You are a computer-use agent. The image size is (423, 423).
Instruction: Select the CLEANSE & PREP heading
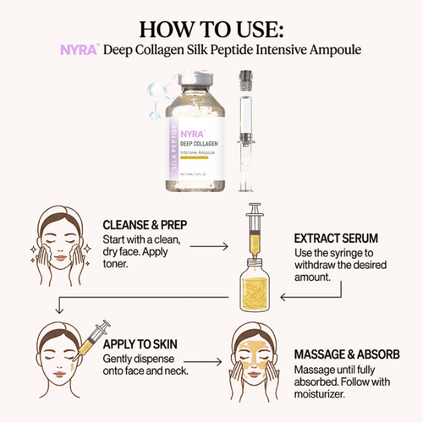point(146,226)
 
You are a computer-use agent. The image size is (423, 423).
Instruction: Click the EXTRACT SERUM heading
point(337,239)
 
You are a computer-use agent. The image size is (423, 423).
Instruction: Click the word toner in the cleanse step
point(115,265)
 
